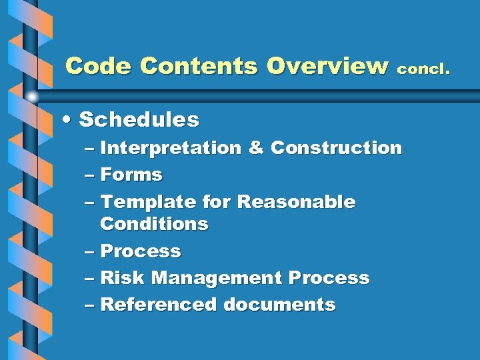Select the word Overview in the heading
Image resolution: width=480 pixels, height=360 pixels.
pyautogui.click(x=327, y=66)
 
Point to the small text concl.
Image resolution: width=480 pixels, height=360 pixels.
pyautogui.click(x=425, y=68)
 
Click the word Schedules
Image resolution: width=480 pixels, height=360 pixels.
pyautogui.click(x=139, y=120)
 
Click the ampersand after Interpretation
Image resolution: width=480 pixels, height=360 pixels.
pyautogui.click(x=255, y=148)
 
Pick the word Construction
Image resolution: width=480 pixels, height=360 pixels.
pyautogui.click(x=336, y=148)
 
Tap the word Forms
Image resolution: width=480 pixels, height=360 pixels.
pyautogui.click(x=131, y=175)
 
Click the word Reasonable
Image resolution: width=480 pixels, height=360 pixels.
pyautogui.click(x=296, y=201)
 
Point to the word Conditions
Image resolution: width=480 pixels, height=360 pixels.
pyautogui.click(x=154, y=224)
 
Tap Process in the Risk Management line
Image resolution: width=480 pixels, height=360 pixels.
pyautogui.click(x=329, y=277)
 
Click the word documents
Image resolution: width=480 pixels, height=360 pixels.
pyautogui.click(x=279, y=305)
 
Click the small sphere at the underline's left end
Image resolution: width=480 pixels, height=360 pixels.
pyautogui.click(x=31, y=97)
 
